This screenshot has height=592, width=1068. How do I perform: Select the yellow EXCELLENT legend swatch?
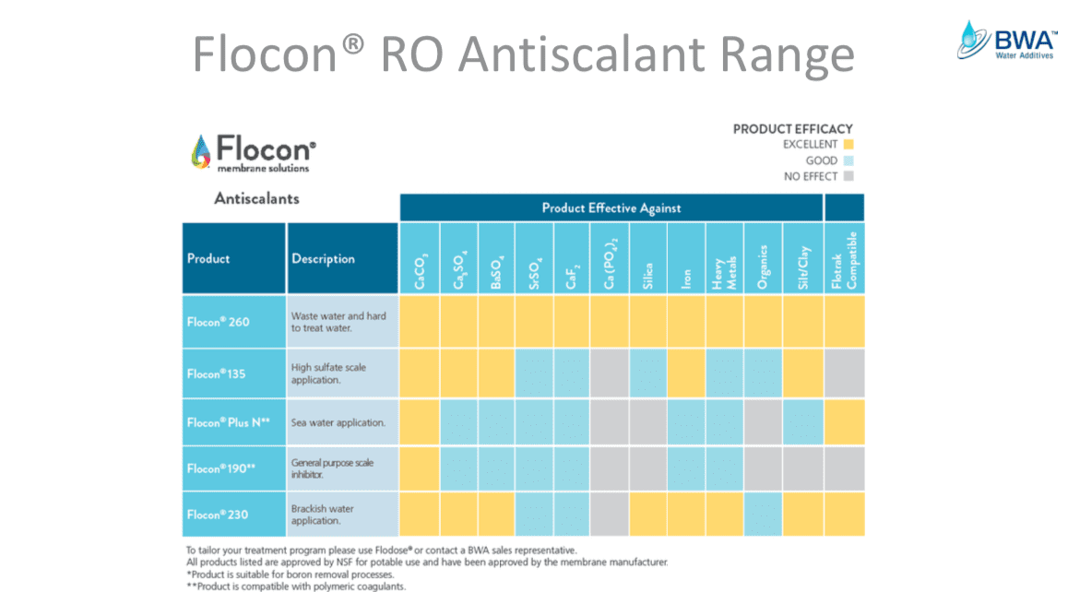tap(848, 145)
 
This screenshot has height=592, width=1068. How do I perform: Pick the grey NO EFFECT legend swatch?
tap(848, 176)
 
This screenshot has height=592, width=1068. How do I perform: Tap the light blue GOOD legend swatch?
tap(848, 160)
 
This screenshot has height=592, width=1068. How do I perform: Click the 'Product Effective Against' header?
tap(611, 207)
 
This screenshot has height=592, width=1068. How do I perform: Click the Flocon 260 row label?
tap(233, 322)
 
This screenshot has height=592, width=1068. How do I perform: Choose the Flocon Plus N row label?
tap(233, 422)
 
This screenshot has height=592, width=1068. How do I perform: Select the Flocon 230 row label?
tap(233, 515)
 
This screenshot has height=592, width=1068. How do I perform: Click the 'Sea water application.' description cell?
tap(342, 422)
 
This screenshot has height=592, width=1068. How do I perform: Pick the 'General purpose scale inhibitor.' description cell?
tap(342, 468)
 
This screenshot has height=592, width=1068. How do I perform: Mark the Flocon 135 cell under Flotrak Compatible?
tap(844, 373)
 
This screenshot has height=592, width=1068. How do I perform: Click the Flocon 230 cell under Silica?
tap(647, 515)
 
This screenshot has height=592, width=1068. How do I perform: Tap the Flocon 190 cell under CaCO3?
tap(420, 468)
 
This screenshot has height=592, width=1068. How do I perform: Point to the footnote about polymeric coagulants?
tap(295, 586)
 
